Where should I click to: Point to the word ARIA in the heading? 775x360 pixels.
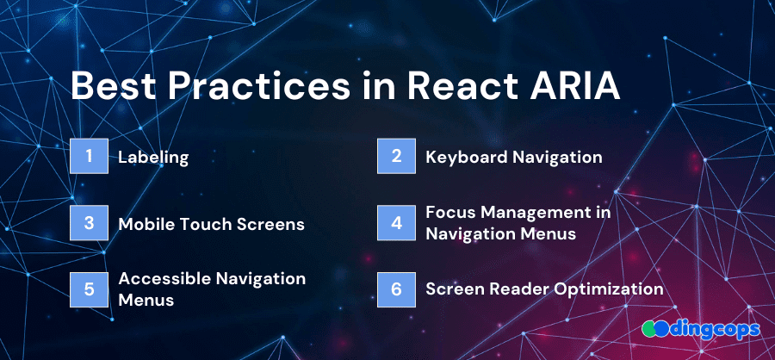click(x=569, y=86)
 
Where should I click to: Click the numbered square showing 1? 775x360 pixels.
click(x=89, y=156)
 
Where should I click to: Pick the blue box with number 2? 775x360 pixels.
click(x=396, y=156)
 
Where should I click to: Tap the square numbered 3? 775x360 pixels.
click(x=89, y=223)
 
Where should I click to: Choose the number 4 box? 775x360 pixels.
click(x=396, y=223)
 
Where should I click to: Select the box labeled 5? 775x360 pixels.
click(x=89, y=289)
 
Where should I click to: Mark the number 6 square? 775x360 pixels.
click(x=396, y=289)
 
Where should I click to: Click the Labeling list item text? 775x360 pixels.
click(x=154, y=158)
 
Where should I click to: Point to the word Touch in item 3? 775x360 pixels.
click(x=210, y=224)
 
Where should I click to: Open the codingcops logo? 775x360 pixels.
click(x=701, y=328)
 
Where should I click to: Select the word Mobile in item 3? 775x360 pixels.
click(x=150, y=224)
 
